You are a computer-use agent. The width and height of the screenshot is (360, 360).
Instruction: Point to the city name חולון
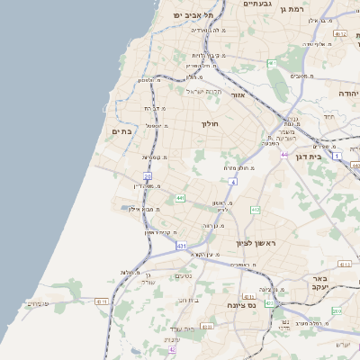point(211,123)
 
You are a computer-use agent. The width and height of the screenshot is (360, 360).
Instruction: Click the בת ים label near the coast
point(121,131)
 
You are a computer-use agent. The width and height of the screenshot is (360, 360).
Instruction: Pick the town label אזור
point(238,94)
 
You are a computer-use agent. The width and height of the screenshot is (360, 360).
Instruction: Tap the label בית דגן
point(309,156)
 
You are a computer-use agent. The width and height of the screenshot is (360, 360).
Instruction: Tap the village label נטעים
point(184,276)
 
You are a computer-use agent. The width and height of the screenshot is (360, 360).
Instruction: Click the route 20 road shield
point(148,176)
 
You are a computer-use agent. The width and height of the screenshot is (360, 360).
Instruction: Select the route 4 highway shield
point(232,182)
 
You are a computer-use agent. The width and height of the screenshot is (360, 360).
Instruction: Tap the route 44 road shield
point(283,155)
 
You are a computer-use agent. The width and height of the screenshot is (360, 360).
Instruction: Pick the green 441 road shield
point(181,198)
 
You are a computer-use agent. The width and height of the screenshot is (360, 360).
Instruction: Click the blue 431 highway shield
point(182,245)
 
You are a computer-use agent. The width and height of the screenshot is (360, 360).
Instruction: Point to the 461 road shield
point(272,63)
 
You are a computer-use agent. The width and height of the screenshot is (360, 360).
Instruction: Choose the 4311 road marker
point(102,301)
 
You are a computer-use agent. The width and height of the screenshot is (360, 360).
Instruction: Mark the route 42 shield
point(173,350)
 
